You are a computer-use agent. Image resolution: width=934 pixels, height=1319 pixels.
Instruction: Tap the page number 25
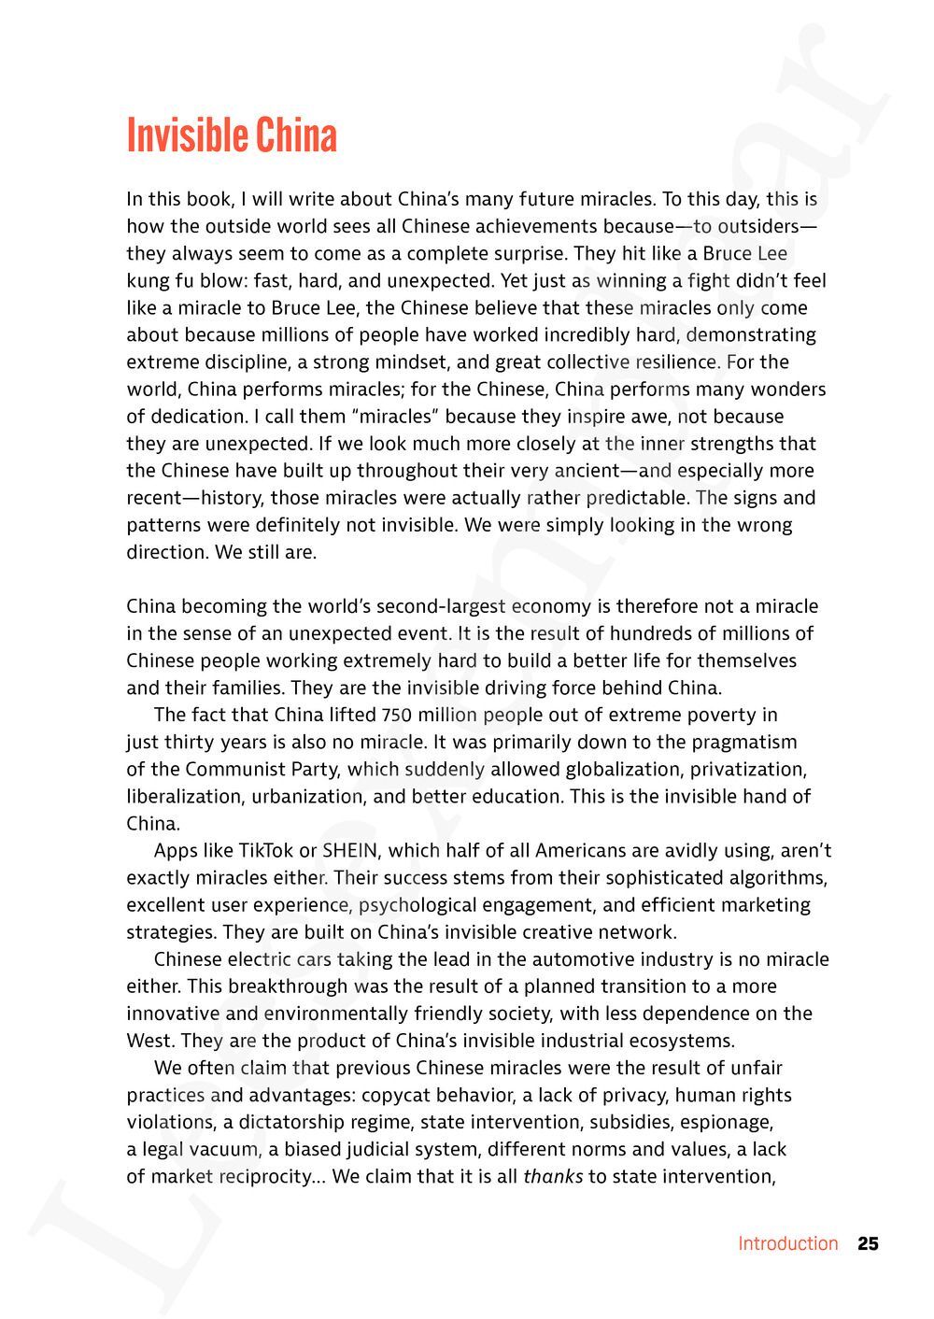(868, 1243)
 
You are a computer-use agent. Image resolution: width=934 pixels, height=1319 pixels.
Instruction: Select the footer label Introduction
(787, 1243)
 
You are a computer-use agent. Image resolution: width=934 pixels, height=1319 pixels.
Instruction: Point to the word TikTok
(265, 850)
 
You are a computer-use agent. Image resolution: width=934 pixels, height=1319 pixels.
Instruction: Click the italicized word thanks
(552, 1176)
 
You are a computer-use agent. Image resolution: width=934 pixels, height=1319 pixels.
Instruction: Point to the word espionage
(725, 1122)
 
